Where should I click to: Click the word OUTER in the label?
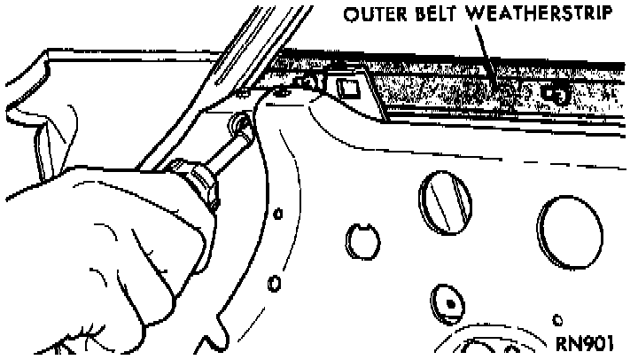click(373, 15)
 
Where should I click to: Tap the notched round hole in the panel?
click(359, 239)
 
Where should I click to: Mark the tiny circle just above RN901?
click(556, 318)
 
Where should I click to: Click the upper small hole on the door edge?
click(277, 213)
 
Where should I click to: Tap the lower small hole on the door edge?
click(274, 283)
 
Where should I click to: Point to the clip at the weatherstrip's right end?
click(556, 92)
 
